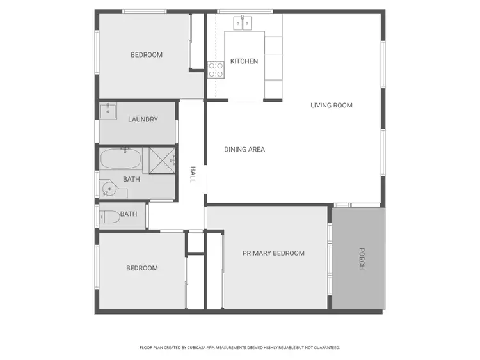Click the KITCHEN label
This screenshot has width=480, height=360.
pyautogui.click(x=244, y=61)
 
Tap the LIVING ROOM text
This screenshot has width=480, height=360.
pyautogui.click(x=332, y=106)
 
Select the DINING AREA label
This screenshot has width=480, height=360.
pyautogui.click(x=244, y=150)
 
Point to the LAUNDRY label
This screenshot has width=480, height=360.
pyautogui.click(x=143, y=120)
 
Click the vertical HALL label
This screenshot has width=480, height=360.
pyautogui.click(x=192, y=175)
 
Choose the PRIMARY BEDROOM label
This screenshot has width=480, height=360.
pyautogui.click(x=273, y=253)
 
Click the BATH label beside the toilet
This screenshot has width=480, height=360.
pyautogui.click(x=129, y=214)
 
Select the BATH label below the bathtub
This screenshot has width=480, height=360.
pyautogui.click(x=131, y=180)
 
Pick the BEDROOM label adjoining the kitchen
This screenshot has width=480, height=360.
pyautogui.click(x=147, y=55)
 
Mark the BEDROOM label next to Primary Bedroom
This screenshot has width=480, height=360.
pyautogui.click(x=141, y=268)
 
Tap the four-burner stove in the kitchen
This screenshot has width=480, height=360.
pyautogui.click(x=215, y=69)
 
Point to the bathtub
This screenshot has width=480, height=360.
pyautogui.click(x=122, y=158)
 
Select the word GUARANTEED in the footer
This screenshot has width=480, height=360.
pyautogui.click(x=325, y=348)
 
